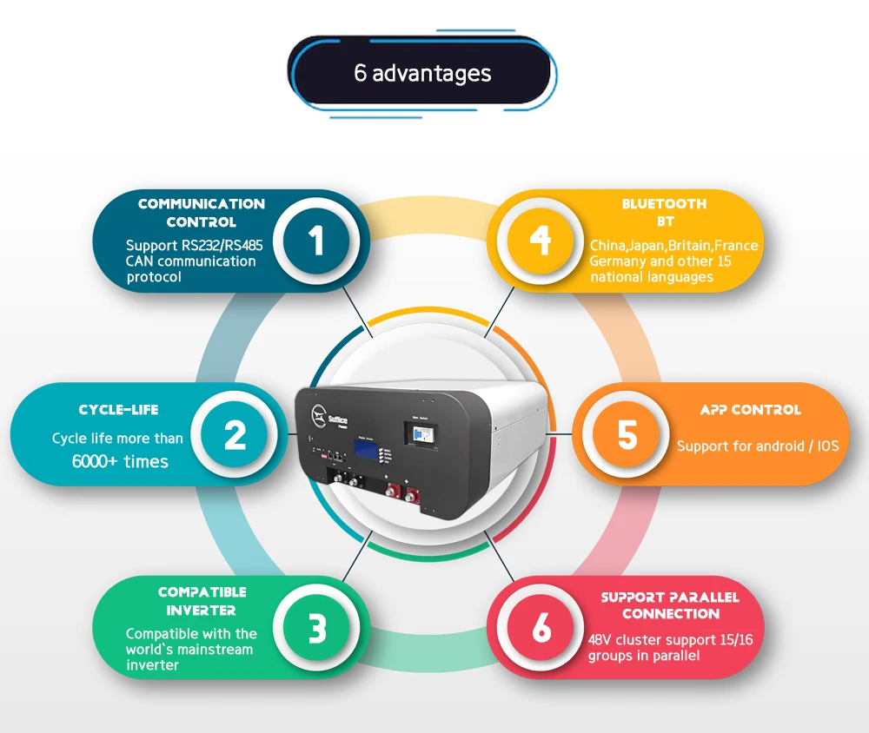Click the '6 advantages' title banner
click(421, 73)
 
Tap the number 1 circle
click(316, 240)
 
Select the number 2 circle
click(235, 435)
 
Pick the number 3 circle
click(317, 628)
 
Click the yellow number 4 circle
click(541, 240)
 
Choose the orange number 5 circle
click(627, 435)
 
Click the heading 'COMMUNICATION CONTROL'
click(201, 213)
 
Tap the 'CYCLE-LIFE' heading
click(118, 410)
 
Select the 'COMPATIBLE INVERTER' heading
click(202, 601)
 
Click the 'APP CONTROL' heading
click(750, 410)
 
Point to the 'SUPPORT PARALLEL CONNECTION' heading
click(670, 605)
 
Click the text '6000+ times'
click(120, 461)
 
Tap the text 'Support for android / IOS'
click(758, 446)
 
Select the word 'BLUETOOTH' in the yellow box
click(664, 204)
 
